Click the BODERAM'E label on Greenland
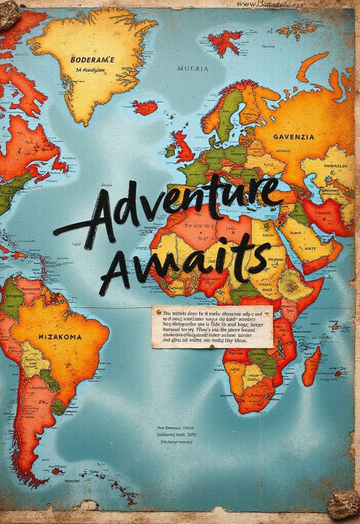click(92, 60)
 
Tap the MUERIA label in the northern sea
click(193, 69)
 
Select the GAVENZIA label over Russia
click(294, 137)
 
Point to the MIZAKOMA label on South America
click(60, 337)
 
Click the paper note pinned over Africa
click(212, 326)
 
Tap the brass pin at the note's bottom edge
click(211, 347)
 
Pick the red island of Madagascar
click(311, 366)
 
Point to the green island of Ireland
click(170, 151)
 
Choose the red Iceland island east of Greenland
click(145, 107)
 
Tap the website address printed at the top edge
click(271, 4)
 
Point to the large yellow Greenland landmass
click(92, 61)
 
